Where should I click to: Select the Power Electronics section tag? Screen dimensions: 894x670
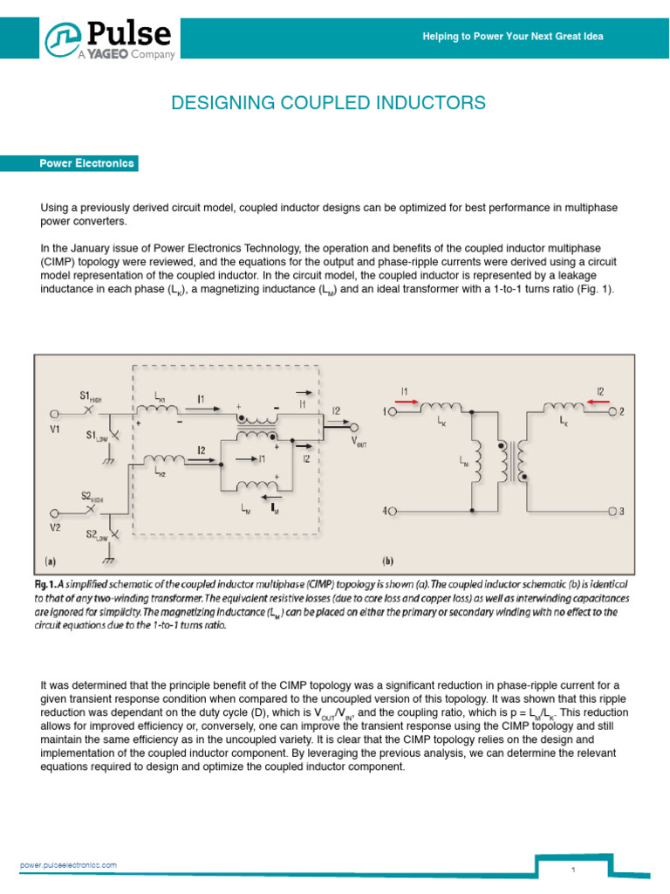(x=86, y=163)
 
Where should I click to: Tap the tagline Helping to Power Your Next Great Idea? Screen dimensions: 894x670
(x=512, y=37)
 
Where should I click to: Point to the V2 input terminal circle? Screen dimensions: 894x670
(x=54, y=512)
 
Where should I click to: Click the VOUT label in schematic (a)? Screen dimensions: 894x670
(x=359, y=442)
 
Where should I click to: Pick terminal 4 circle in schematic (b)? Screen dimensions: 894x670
(x=393, y=511)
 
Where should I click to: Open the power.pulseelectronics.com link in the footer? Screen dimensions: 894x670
(x=68, y=864)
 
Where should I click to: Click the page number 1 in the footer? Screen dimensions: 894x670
(x=574, y=870)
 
